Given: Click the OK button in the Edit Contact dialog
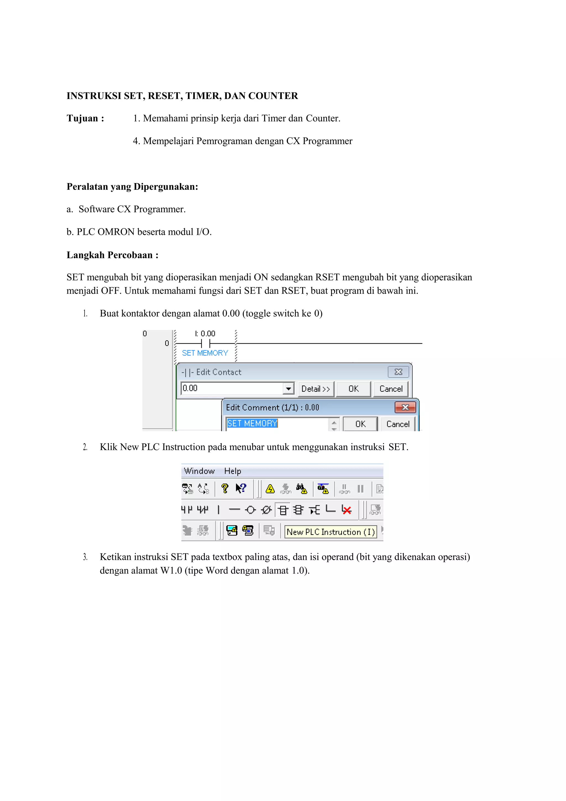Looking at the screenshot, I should tap(353, 389).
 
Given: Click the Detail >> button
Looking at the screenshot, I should tap(316, 389).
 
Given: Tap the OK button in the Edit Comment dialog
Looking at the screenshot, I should tap(360, 424).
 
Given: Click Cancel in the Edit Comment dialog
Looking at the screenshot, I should tap(398, 424).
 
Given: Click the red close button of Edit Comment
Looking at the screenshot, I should tap(405, 407).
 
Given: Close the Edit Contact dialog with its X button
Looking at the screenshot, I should tap(398, 372).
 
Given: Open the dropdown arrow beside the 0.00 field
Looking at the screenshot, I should tap(288, 389).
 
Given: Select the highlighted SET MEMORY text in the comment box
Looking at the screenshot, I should tap(252, 423).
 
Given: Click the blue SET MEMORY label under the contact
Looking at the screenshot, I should tap(205, 353).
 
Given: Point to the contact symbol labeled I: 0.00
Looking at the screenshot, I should tap(205, 343).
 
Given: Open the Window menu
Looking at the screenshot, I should tap(199, 471).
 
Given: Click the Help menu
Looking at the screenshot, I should tap(232, 471).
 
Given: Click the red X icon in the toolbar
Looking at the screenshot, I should tap(347, 510).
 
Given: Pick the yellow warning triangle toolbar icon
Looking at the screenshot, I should tap(270, 489).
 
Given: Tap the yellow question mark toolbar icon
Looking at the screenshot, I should tap(225, 488).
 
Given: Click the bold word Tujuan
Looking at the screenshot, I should tap(82, 119).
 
